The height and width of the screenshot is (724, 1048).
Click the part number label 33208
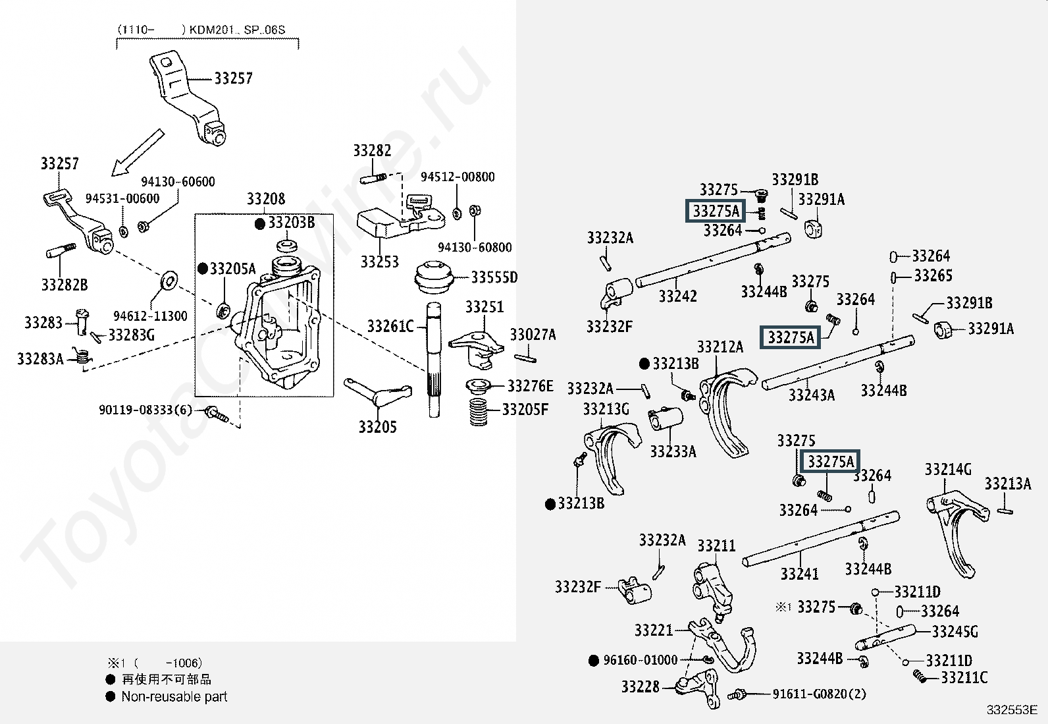[266, 198]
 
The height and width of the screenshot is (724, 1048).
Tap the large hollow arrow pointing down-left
[138, 153]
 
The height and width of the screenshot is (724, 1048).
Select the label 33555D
[494, 277]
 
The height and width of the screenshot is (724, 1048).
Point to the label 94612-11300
[150, 316]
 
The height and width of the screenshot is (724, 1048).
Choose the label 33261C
[390, 326]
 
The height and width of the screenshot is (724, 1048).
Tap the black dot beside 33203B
[259, 224]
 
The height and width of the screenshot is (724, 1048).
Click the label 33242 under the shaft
[677, 296]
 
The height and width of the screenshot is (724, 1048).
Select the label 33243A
[811, 395]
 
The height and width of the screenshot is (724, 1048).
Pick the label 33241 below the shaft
[799, 574]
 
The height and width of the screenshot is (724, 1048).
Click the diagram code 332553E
[1012, 710]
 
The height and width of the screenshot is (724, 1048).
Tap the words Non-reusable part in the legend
[174, 697]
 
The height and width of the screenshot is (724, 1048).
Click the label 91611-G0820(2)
[819, 694]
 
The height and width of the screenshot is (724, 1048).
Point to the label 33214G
[948, 469]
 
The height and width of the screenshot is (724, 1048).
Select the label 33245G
[955, 632]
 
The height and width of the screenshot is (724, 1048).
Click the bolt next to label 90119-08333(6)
[217, 414]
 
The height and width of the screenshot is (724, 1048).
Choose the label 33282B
[65, 285]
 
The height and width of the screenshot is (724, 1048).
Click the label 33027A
[533, 335]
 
